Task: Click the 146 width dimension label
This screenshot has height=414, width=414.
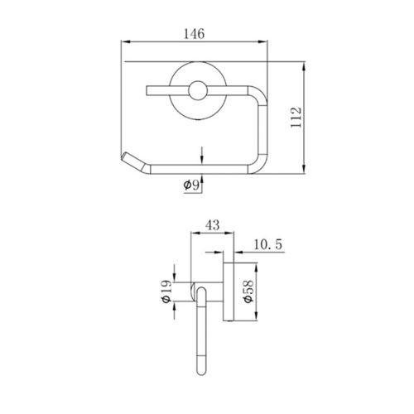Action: click(x=195, y=34)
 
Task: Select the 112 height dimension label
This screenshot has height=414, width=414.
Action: click(x=296, y=118)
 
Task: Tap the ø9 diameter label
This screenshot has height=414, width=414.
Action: click(x=191, y=185)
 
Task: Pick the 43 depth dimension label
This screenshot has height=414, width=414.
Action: click(x=213, y=225)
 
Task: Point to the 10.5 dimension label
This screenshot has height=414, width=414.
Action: click(x=268, y=244)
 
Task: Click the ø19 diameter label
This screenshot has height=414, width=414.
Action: click(x=166, y=291)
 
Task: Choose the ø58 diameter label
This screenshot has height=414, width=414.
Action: click(x=248, y=291)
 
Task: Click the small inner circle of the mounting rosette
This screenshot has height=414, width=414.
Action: click(x=198, y=91)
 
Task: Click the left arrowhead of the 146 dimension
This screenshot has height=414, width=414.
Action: click(x=126, y=42)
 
